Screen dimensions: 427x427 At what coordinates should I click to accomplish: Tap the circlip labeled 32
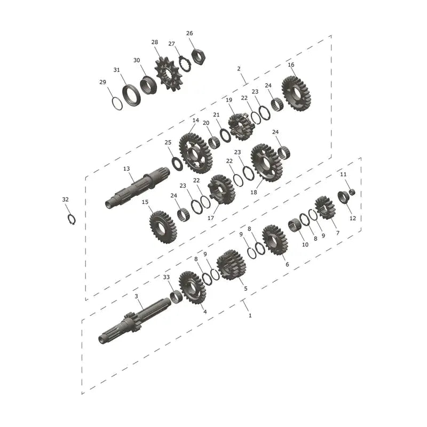[x=72, y=219]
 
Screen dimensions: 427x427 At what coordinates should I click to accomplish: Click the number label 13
[x=126, y=169]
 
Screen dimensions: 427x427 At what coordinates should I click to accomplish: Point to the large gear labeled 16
[x=296, y=94]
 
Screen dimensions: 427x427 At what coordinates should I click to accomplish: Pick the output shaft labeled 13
[x=138, y=187]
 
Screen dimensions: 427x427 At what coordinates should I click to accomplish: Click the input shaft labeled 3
[x=135, y=321]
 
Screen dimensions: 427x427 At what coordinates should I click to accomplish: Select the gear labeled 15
[x=163, y=227]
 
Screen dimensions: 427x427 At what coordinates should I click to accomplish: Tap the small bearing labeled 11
[x=352, y=192]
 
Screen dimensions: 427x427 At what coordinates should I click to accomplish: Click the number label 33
[x=166, y=277]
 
